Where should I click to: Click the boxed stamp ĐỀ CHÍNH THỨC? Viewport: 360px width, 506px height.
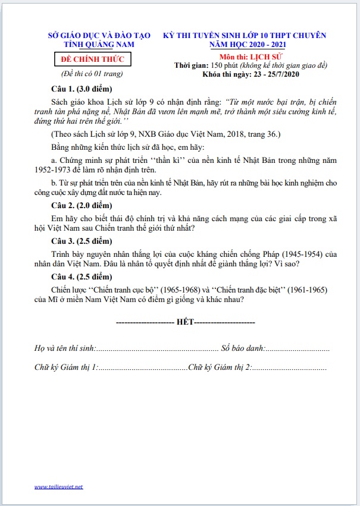[x=92, y=59]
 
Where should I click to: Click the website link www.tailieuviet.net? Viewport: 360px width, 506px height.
[x=58, y=487]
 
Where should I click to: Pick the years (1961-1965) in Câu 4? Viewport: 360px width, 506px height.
[x=303, y=289]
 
